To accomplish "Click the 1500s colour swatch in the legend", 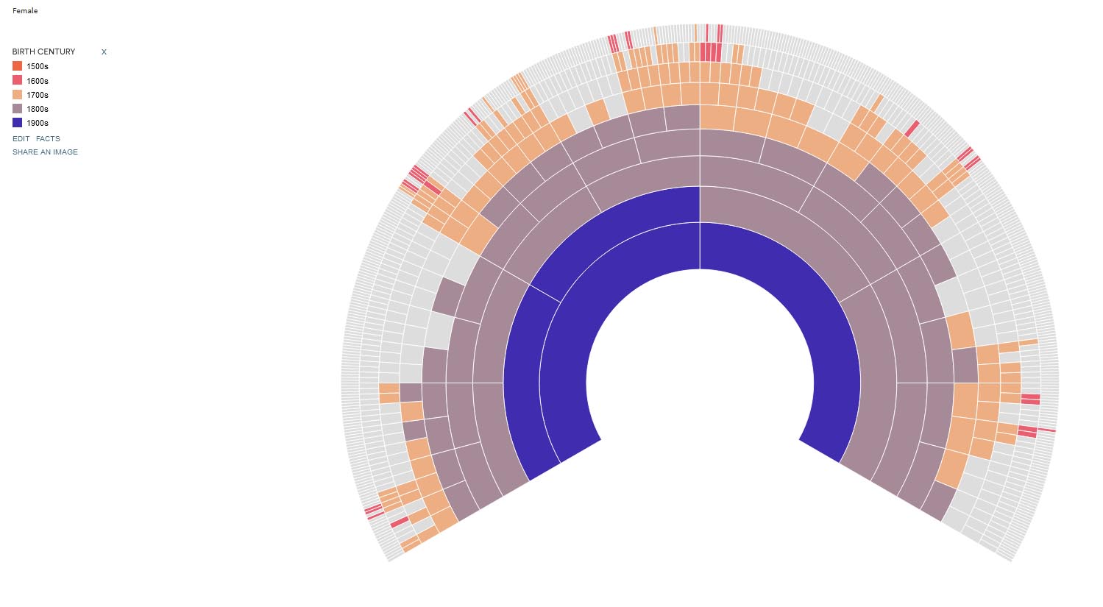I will (x=17, y=66).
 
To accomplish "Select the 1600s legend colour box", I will (x=17, y=80).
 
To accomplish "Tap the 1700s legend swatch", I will (x=17, y=95).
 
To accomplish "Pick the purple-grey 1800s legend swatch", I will (x=17, y=109).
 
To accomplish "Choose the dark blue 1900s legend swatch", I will (x=17, y=123).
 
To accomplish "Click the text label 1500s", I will (x=38, y=67).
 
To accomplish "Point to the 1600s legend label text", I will (x=38, y=81).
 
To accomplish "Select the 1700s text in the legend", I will (x=38, y=95).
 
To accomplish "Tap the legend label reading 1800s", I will (x=38, y=109).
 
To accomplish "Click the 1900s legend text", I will (x=38, y=123).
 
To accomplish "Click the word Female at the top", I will (x=25, y=11).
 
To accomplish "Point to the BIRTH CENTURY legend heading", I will (x=43, y=52).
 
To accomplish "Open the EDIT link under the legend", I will (x=21, y=138).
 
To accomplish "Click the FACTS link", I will (x=48, y=138).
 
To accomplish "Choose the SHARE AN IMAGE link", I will (x=45, y=152).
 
